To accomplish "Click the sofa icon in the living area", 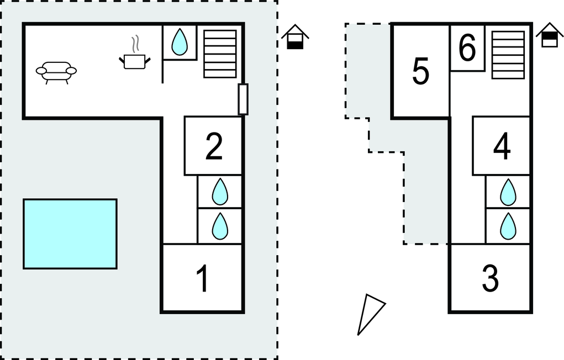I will point(56,72).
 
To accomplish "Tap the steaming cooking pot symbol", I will point(134,59).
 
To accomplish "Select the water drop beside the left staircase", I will point(179,42).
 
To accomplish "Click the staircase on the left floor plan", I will point(220,53).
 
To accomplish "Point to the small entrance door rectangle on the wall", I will point(243,99).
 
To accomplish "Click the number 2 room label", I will point(214,146).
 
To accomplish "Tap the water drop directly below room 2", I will point(220,192).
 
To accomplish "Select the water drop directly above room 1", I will point(220,226).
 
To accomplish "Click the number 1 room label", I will point(203,279).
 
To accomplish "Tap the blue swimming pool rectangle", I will point(70,234).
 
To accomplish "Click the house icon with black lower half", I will point(295,38).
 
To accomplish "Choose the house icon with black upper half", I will point(549,35).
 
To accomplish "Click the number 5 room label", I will point(421,72).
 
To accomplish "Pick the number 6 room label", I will point(467,48).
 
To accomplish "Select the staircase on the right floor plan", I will point(508,55).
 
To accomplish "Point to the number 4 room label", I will point(502,146).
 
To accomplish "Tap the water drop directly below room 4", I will point(508,193).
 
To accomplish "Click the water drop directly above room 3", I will point(508,226).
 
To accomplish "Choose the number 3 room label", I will point(491,279).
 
